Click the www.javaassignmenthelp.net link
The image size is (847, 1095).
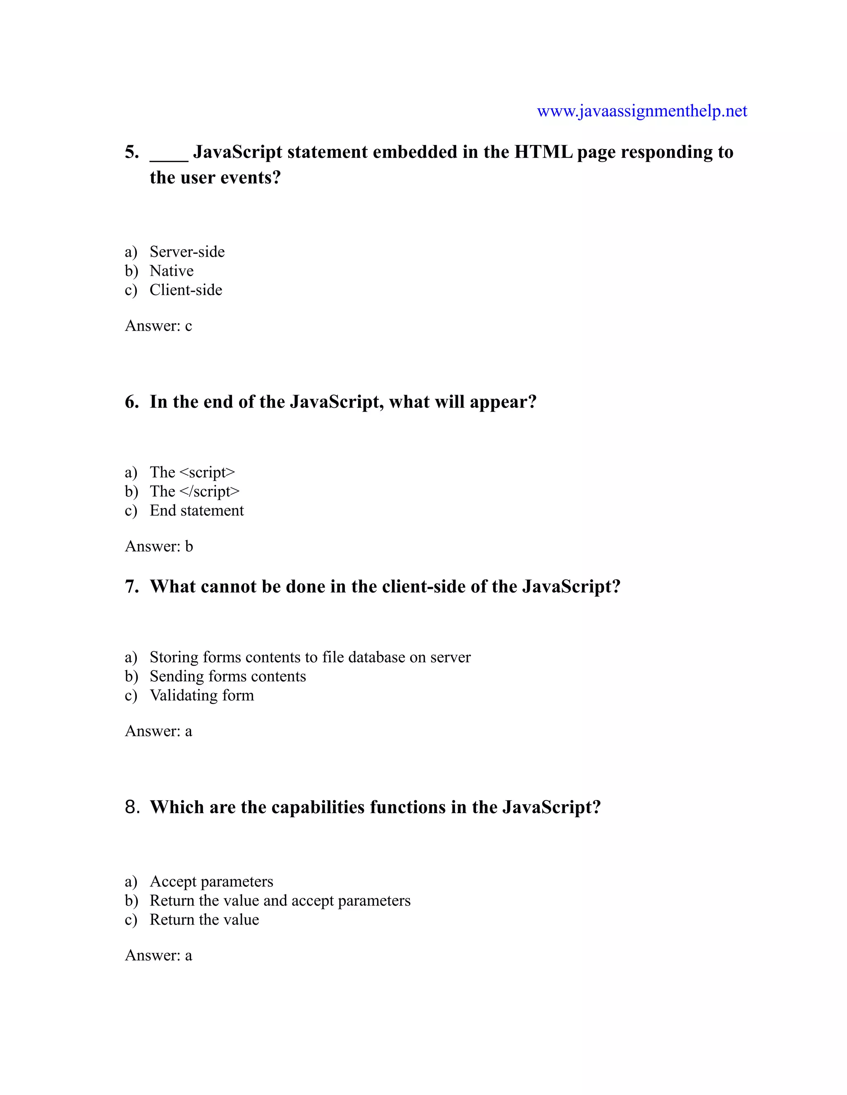pyautogui.click(x=642, y=111)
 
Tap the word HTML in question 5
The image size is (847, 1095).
pyautogui.click(x=543, y=152)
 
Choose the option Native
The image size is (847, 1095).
pyautogui.click(x=171, y=271)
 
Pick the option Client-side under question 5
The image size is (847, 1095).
pyautogui.click(x=186, y=290)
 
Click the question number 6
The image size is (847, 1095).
pyautogui.click(x=132, y=402)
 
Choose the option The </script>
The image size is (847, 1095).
pyautogui.click(x=194, y=491)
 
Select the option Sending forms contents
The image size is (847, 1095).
pyautogui.click(x=227, y=676)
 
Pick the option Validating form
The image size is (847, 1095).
pyautogui.click(x=202, y=695)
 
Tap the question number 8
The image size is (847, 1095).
pyautogui.click(x=132, y=807)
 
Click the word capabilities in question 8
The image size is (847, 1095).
pyautogui.click(x=318, y=808)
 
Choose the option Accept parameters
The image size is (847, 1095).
pyautogui.click(x=211, y=881)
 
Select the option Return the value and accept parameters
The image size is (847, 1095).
pyautogui.click(x=280, y=900)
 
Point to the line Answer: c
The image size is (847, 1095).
pyautogui.click(x=158, y=326)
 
